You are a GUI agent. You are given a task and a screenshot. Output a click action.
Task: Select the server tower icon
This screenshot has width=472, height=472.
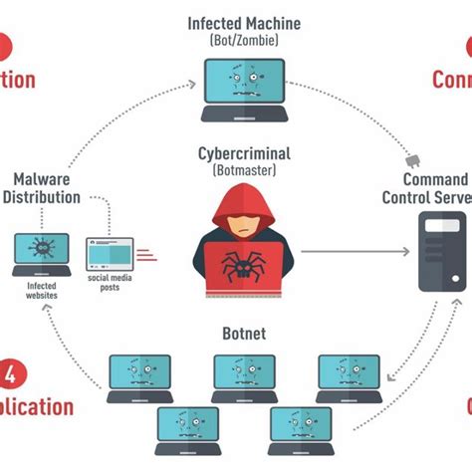439,254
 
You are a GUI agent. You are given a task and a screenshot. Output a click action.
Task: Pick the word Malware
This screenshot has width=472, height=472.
42,179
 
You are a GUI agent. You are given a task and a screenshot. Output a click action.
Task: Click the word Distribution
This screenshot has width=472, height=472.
42,197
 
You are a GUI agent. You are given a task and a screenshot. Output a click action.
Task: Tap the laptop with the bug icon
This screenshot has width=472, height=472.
41,255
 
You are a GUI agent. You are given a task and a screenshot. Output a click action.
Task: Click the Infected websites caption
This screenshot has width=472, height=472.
41,290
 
